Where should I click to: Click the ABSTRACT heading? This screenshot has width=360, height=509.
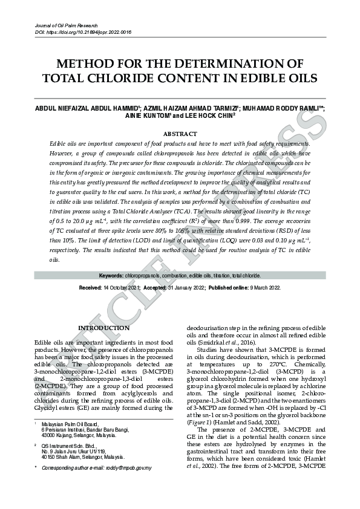pyautogui.click(x=180, y=134)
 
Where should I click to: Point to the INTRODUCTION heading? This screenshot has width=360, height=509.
pyautogui.click(x=103, y=328)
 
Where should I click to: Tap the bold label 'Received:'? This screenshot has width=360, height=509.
pyautogui.click(x=90, y=288)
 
